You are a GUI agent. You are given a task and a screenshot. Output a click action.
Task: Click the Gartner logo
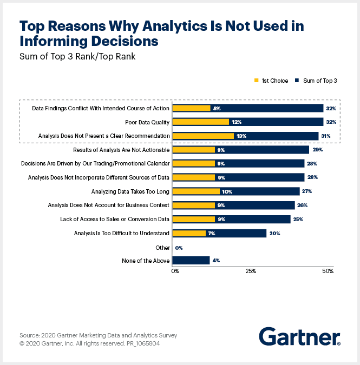(299, 336)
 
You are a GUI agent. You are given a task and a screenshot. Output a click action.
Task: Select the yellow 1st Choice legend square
(256, 81)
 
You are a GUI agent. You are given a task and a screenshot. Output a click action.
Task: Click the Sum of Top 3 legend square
(297, 81)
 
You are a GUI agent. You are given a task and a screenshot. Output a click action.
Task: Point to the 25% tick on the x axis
(251, 270)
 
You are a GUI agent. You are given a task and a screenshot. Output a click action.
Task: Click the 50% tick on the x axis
(328, 270)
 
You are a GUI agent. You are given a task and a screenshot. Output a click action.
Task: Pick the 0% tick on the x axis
(175, 270)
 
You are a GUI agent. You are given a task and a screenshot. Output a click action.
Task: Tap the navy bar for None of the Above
(191, 261)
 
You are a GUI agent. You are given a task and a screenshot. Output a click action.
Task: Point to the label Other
(162, 247)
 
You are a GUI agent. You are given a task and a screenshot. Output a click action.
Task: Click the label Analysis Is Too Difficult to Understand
(122, 233)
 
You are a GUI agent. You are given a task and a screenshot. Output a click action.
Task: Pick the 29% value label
(318, 150)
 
